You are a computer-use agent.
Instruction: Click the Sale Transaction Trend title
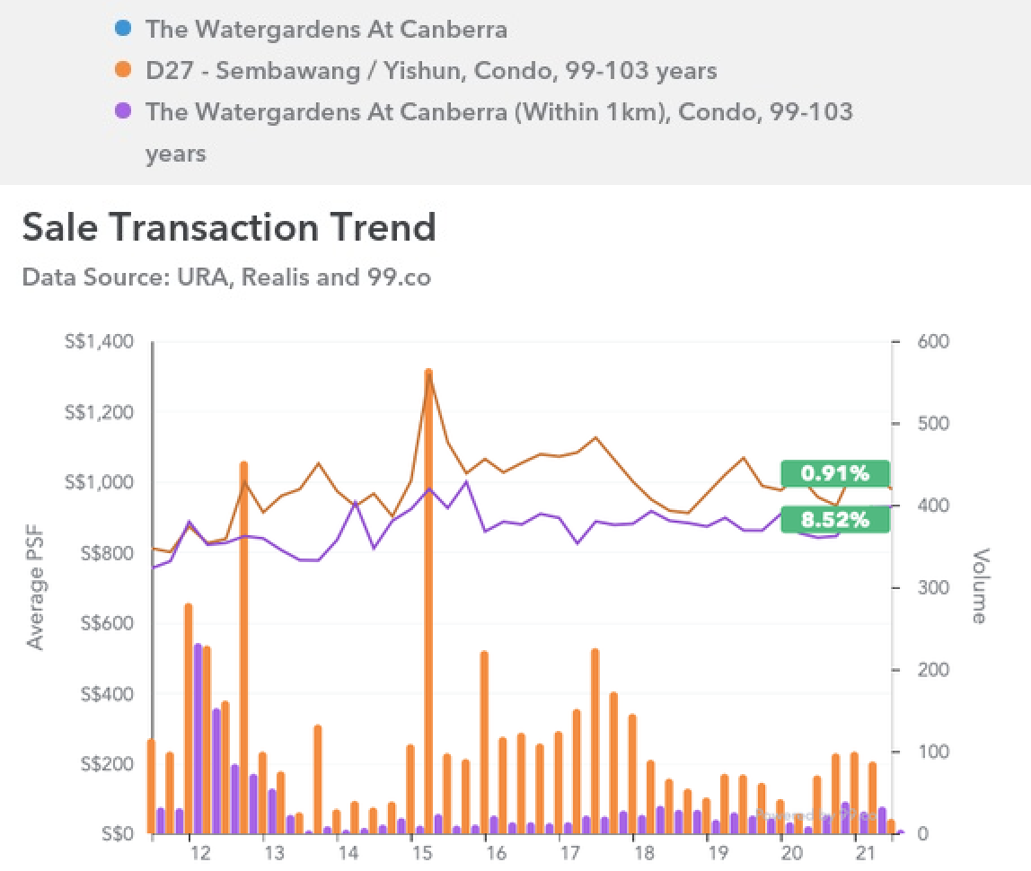point(229,226)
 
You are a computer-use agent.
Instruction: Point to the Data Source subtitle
point(226,277)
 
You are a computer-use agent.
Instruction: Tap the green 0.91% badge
point(835,473)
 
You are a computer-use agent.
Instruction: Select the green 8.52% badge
point(835,519)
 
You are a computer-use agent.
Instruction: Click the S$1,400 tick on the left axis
point(99,341)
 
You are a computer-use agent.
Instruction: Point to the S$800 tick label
point(105,553)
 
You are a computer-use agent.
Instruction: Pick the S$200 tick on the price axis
point(105,764)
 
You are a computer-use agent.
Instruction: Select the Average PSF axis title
point(35,588)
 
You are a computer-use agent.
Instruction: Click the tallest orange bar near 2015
point(428,602)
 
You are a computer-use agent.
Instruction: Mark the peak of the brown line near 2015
point(428,373)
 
